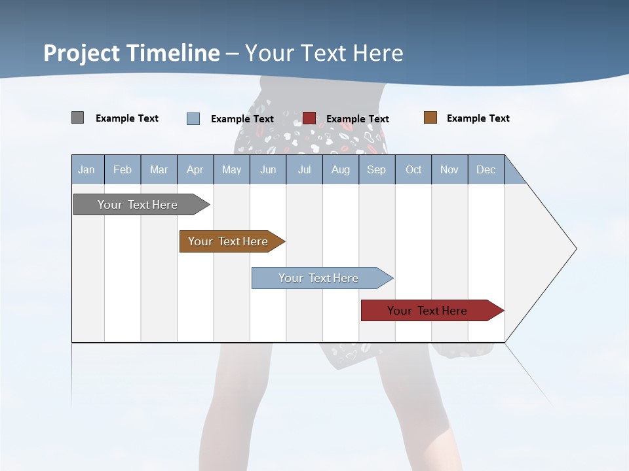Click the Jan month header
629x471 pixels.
[87, 170]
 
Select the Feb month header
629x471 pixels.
[123, 170]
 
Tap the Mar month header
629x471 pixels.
[159, 170]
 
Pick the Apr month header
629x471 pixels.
[195, 170]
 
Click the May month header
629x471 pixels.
[231, 170]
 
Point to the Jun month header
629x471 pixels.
[268, 170]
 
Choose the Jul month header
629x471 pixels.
[304, 170]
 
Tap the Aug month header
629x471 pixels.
[341, 170]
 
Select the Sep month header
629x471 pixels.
[377, 170]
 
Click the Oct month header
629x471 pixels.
[413, 170]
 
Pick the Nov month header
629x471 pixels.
[449, 170]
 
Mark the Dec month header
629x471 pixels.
[486, 170]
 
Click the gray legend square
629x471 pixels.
[77, 118]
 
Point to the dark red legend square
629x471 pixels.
[309, 118]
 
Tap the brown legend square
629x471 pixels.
[430, 118]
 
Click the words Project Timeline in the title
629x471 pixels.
[132, 53]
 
